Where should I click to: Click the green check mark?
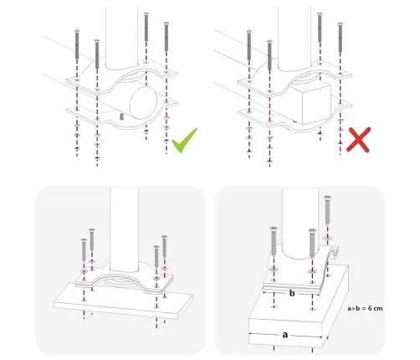click(x=184, y=141)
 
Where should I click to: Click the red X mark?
click(x=358, y=140)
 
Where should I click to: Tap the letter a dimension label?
click(x=284, y=334)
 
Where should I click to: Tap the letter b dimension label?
click(x=292, y=293)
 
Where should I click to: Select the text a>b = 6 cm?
click(x=365, y=308)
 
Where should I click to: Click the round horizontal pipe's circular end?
click(x=144, y=102)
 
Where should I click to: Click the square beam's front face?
click(x=316, y=105)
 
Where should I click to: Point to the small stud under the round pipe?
click(x=121, y=116)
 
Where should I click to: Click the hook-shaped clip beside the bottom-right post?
click(x=332, y=255)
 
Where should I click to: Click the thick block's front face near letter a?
click(x=286, y=333)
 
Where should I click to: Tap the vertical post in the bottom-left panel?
click(x=124, y=229)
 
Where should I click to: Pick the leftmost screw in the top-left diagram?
click(x=77, y=44)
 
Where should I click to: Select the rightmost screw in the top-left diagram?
click(x=166, y=36)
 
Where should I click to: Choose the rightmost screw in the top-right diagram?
click(x=340, y=37)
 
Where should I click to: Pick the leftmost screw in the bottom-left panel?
click(x=84, y=249)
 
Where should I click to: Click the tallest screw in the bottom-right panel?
click(x=327, y=210)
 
